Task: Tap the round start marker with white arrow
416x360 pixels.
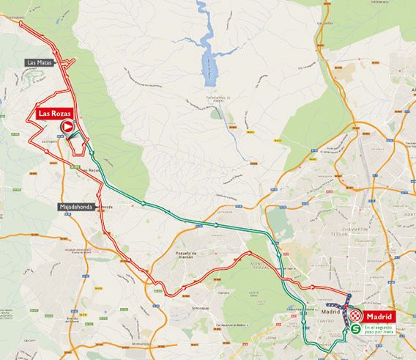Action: coord(67,128)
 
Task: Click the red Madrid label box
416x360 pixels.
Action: coord(381,317)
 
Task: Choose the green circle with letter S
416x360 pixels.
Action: coord(354,330)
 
